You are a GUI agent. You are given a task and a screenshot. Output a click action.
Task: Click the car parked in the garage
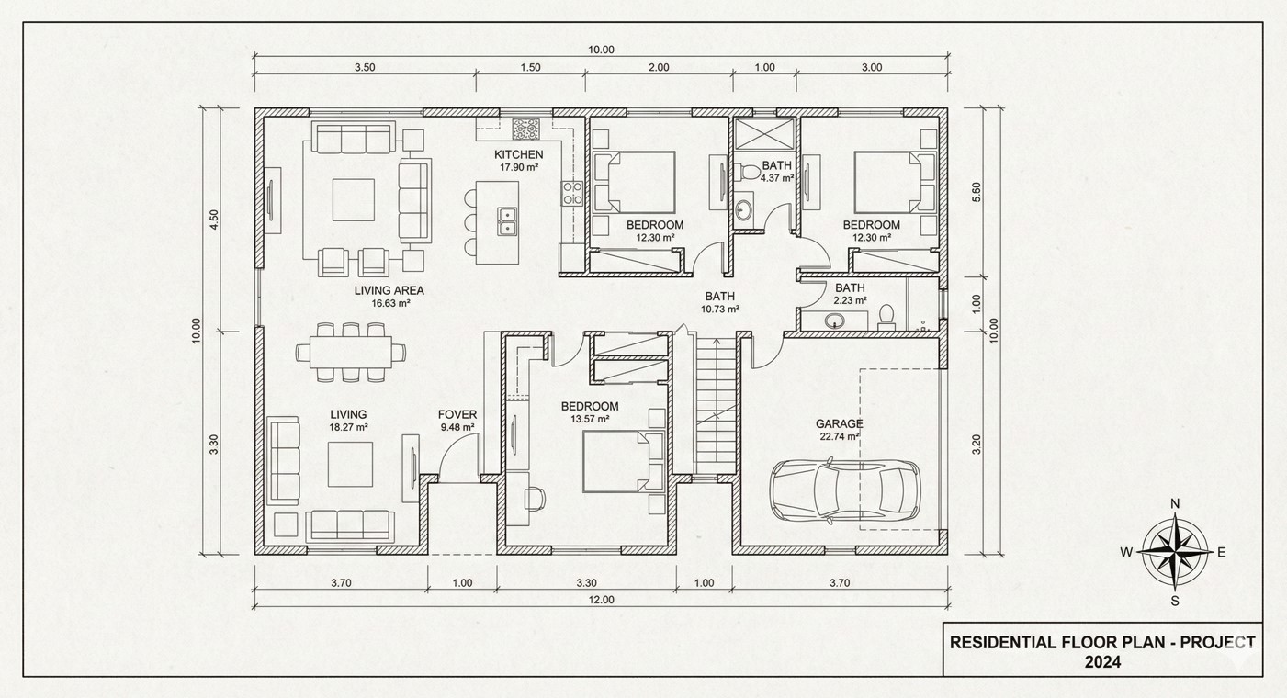(844, 490)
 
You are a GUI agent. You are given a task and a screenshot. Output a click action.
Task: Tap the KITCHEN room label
(519, 154)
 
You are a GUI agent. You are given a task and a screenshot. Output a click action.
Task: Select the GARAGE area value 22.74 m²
(839, 437)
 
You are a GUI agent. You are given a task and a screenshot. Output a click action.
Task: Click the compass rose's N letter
(1174, 503)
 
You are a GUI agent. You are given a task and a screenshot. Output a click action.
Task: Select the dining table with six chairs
(350, 351)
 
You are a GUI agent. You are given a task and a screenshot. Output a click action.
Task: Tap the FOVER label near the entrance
(457, 414)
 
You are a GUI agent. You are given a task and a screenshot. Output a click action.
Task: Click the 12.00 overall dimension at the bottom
(601, 600)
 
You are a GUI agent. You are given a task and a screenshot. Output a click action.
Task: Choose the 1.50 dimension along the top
(530, 67)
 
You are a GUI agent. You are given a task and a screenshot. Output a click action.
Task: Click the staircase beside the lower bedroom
(714, 404)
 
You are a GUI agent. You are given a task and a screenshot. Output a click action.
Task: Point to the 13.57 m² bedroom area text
(589, 419)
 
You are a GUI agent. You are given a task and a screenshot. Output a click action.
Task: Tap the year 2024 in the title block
(1102, 661)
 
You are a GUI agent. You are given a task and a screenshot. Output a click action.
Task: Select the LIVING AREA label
(389, 290)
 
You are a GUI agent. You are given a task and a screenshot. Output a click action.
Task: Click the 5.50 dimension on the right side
(977, 191)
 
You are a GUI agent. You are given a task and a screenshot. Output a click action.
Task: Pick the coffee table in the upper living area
(354, 199)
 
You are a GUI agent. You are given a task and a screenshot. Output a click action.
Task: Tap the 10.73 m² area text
(720, 310)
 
